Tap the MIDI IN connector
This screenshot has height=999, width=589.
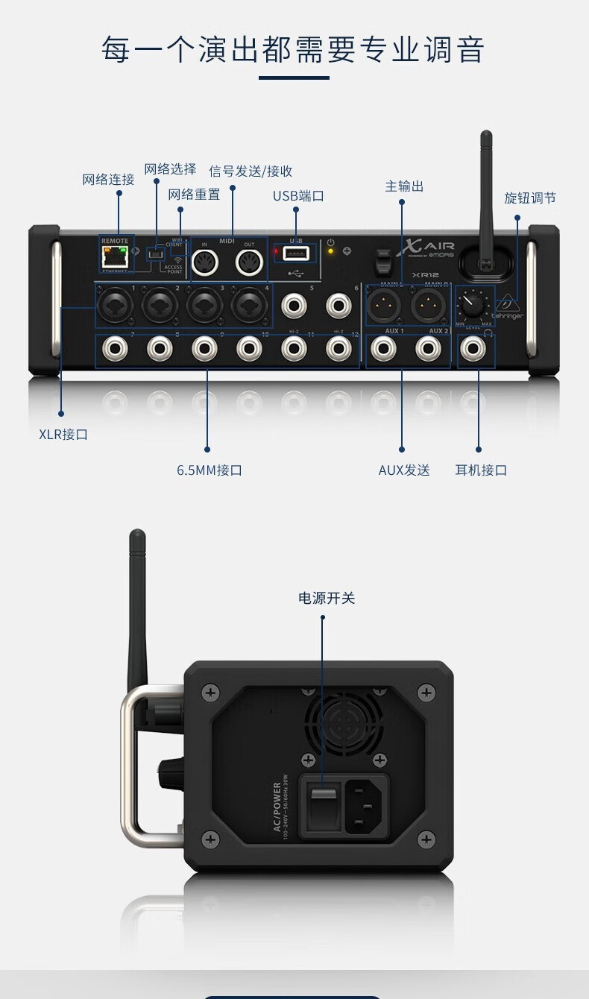205,262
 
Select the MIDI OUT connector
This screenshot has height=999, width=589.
249,262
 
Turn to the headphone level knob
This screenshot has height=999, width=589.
471,303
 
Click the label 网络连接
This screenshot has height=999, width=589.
108,180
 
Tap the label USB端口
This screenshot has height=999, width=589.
298,196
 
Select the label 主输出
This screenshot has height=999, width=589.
404,186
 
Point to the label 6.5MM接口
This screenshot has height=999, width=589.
210,470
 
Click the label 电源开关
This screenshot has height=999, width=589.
327,598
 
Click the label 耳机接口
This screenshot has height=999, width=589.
481,470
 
